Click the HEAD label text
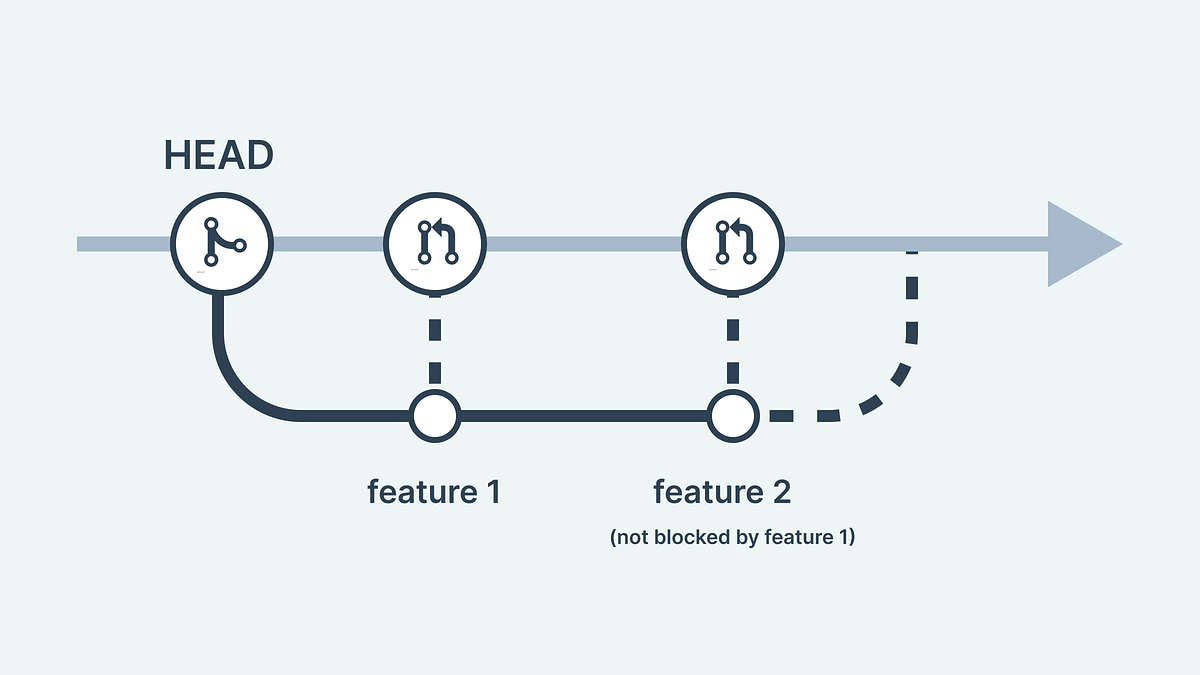tap(219, 156)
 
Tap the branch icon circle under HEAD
tap(221, 244)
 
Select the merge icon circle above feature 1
tap(435, 244)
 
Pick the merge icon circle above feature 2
tap(733, 244)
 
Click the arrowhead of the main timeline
tap(1080, 244)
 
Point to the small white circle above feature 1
tap(435, 415)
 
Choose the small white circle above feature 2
tap(733, 415)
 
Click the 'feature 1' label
tap(434, 492)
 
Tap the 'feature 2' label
tap(722, 492)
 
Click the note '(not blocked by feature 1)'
tap(732, 538)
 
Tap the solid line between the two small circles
tap(585, 415)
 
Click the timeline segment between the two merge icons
tap(585, 244)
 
